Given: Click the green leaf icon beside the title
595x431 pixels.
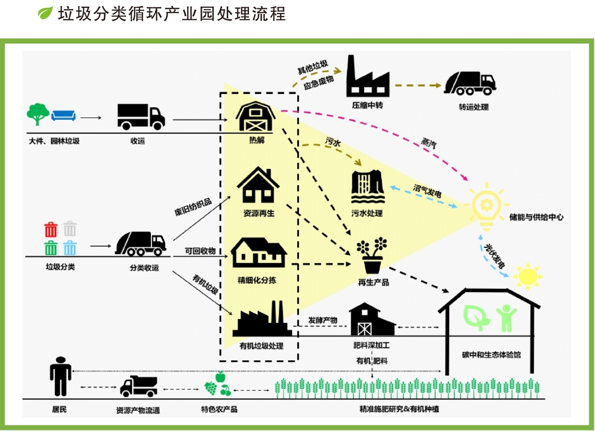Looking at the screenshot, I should tap(46, 13).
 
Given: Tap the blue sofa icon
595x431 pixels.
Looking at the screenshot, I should tap(63, 115).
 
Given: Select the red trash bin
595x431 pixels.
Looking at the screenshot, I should tap(51, 229).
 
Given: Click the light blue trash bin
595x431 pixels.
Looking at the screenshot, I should tap(70, 248).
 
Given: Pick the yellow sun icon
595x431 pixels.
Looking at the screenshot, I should tap(528, 275).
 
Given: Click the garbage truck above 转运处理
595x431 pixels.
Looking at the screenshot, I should tap(469, 83).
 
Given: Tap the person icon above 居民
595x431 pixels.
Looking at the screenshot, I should tap(60, 377).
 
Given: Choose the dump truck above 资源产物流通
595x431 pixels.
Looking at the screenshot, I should tap(139, 387).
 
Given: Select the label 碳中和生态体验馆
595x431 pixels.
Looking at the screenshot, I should tap(491, 355).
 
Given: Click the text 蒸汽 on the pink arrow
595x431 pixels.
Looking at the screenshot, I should tap(428, 144).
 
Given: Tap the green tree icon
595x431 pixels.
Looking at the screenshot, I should tap(38, 114).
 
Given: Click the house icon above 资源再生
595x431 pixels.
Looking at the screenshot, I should tap(258, 185).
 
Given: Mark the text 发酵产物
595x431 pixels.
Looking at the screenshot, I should tap(323, 320).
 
